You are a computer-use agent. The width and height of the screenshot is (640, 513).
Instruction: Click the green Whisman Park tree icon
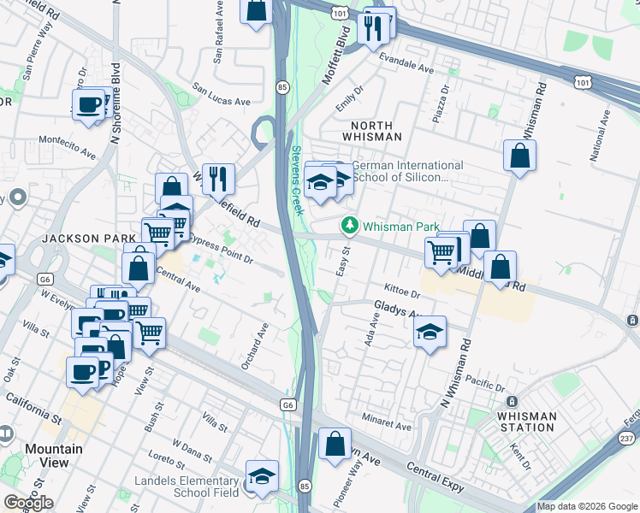(x=349, y=227)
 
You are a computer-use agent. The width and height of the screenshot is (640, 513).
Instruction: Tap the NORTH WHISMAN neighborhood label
(x=371, y=130)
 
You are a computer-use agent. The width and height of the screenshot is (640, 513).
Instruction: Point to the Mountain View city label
(x=53, y=456)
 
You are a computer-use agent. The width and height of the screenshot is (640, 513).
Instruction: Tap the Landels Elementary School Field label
(x=187, y=486)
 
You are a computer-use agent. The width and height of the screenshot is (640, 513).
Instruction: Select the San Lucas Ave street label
(x=221, y=94)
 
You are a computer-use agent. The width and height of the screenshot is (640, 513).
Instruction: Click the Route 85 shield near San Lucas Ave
(x=281, y=86)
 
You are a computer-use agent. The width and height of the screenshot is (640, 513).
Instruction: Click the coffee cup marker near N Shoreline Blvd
(x=88, y=104)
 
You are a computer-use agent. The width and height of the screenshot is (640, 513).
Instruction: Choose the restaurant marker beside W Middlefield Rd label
(x=218, y=179)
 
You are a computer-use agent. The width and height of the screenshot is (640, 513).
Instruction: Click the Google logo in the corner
(x=27, y=503)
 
